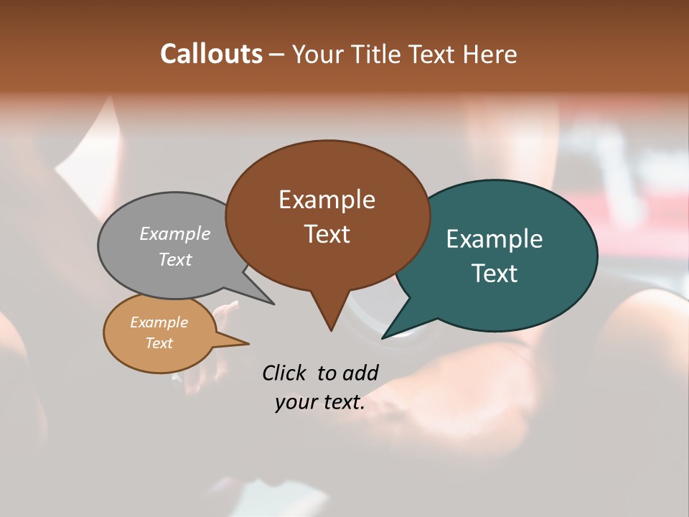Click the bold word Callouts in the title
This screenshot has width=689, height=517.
(x=211, y=54)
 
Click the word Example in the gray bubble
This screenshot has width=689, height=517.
(x=175, y=233)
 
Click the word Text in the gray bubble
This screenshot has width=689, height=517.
(x=175, y=259)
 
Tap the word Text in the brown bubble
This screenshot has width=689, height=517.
(x=327, y=233)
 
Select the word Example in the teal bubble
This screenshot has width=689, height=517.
(x=495, y=238)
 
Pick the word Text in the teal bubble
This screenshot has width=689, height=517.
(x=495, y=273)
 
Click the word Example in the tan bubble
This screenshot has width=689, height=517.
(x=159, y=322)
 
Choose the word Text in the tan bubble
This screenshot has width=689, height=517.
(x=159, y=343)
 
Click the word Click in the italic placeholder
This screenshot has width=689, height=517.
(x=284, y=373)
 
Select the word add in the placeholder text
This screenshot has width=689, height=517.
(x=360, y=373)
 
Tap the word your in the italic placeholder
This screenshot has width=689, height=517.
(x=295, y=402)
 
